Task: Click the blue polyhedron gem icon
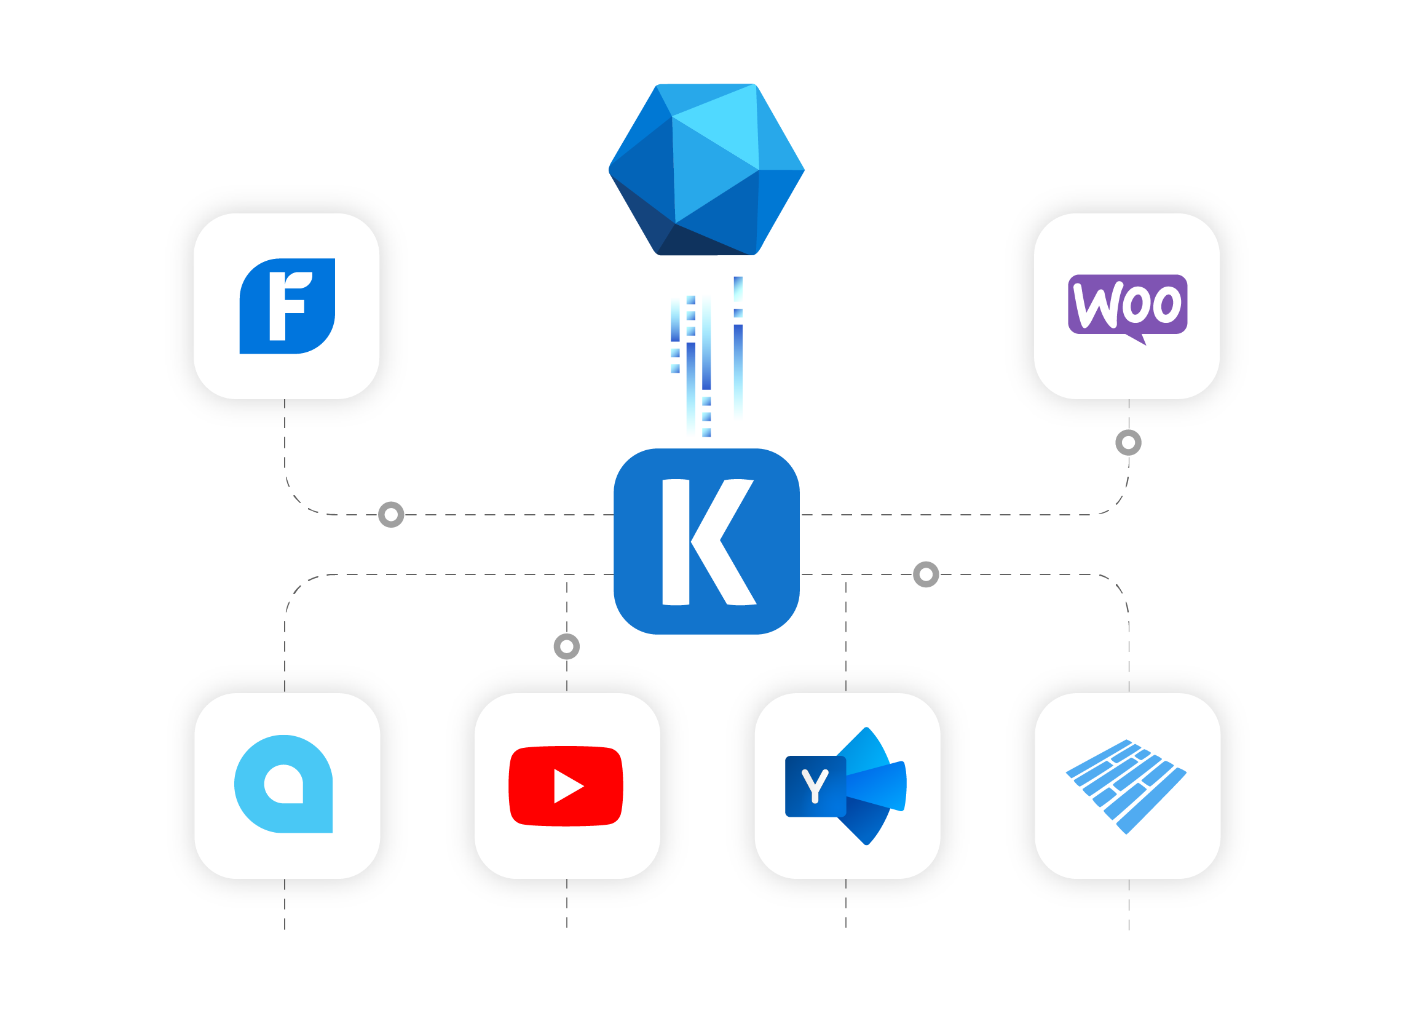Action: (706, 169)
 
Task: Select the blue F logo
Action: (287, 306)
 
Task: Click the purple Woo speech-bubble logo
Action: (1127, 304)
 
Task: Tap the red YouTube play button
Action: (566, 786)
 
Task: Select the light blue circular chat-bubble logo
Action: (283, 784)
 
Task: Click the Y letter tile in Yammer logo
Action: (814, 786)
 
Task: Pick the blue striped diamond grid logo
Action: (1126, 786)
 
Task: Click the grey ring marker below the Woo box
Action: (1128, 442)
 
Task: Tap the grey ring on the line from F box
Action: (391, 514)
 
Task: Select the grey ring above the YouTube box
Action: (566, 646)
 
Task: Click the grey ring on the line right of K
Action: (925, 573)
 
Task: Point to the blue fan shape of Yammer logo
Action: (874, 786)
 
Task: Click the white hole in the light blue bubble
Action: (284, 784)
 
